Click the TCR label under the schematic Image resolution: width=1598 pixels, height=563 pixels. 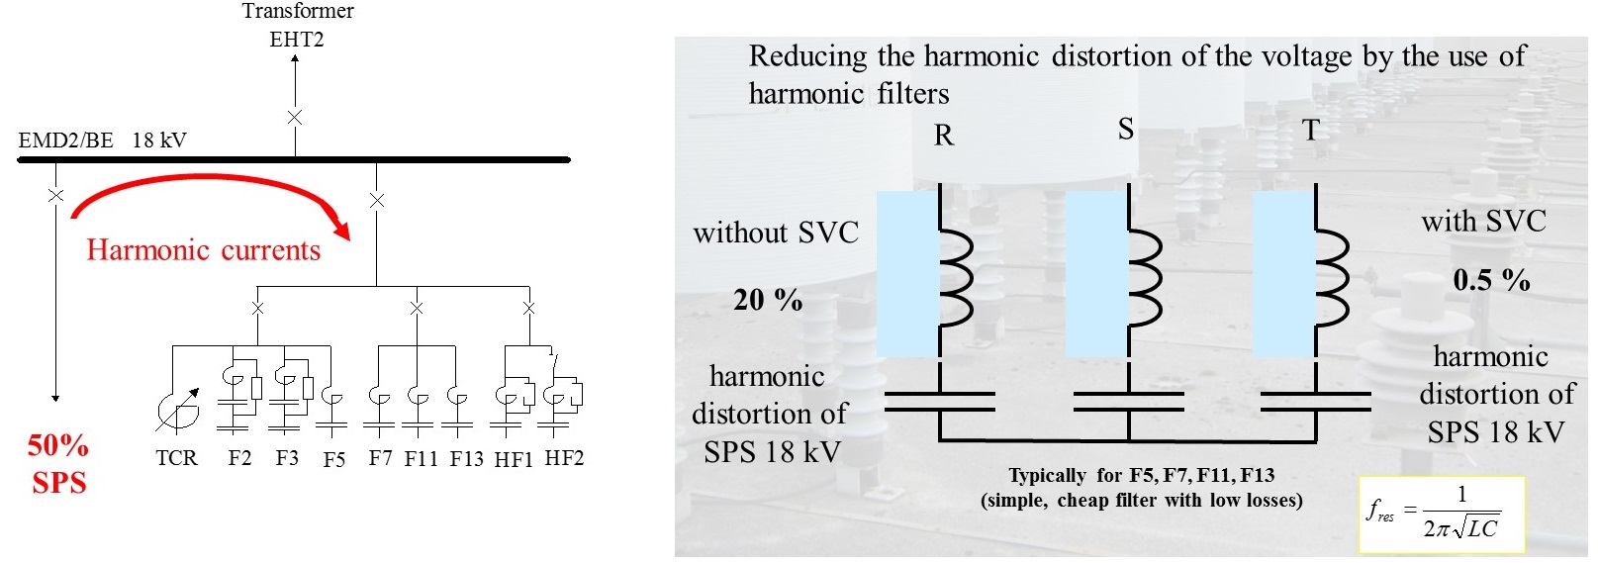coord(176,458)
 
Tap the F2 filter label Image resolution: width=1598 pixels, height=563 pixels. coord(239,458)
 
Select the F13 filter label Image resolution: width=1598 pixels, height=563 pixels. coord(466,459)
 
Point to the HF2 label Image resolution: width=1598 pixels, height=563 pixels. coord(565,458)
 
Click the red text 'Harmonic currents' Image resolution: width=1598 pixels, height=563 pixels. coord(203,250)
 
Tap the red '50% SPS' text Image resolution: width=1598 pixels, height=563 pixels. coord(58,464)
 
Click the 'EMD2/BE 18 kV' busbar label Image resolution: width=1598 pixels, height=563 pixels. coord(102,141)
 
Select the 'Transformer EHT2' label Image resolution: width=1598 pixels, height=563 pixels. coord(297,25)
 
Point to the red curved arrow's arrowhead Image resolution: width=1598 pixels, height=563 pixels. coord(342,230)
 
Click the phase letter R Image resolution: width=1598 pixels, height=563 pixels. coord(944,136)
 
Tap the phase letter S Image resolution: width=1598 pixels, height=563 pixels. coord(1126,130)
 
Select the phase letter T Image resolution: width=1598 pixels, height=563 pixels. coord(1311,131)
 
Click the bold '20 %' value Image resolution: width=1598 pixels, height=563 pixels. coord(768,300)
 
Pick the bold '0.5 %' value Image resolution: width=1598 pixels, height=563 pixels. coord(1491,280)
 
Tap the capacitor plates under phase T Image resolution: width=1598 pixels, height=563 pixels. coord(1315,401)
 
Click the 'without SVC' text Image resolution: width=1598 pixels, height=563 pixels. coord(776,234)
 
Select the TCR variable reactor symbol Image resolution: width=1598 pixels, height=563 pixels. coord(176,411)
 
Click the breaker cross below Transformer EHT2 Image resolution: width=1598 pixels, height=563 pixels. coord(294,117)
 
